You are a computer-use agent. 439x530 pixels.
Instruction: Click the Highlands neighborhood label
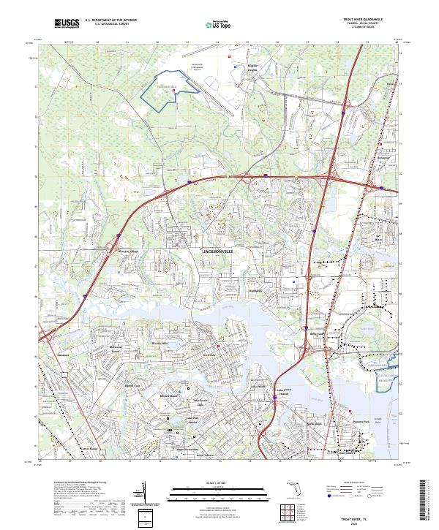click(255, 290)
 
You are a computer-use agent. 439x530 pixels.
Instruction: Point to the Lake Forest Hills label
click(201, 402)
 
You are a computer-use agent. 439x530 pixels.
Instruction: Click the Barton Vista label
click(132, 385)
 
